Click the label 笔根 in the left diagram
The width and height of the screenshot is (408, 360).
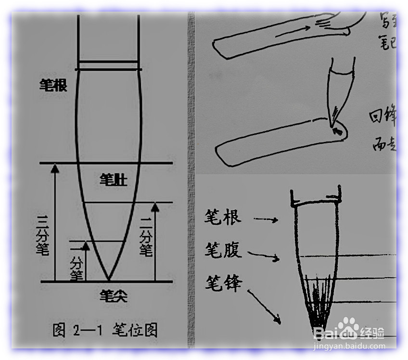[x=53, y=86]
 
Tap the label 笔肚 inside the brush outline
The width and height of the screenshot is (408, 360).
[x=113, y=180]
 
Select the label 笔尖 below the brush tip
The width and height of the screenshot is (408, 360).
[x=109, y=293]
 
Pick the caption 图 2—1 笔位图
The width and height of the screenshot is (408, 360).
[x=104, y=330]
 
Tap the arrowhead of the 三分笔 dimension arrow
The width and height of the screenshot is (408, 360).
[x=55, y=168]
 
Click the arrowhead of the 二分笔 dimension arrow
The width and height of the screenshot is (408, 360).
[x=154, y=207]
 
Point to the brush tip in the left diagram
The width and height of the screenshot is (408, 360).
[x=109, y=279]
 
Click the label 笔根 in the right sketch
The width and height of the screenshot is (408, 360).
[x=223, y=217]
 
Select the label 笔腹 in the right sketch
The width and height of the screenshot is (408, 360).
[x=223, y=250]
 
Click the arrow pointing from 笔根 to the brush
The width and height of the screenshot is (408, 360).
[x=266, y=219]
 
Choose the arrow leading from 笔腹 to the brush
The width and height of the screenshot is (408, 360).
[x=265, y=255]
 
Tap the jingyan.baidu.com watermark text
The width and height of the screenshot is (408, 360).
[x=349, y=346]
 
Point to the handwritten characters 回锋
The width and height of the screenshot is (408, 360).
[x=382, y=116]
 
